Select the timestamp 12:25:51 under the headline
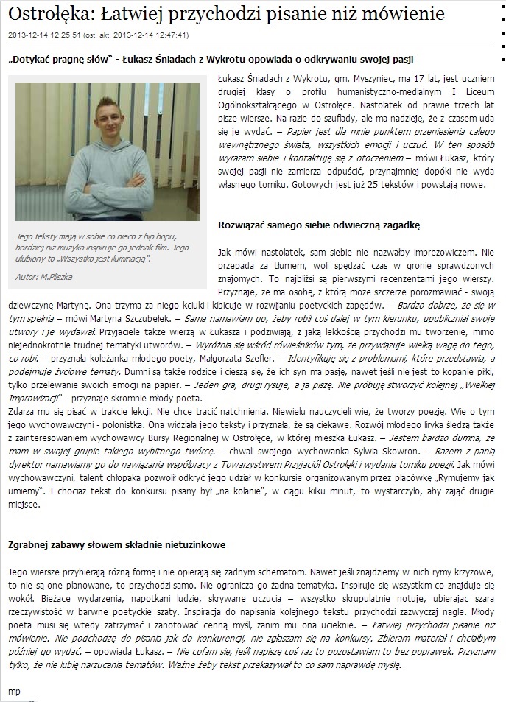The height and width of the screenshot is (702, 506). pyautogui.click(x=71, y=34)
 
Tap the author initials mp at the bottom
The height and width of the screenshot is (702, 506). pyautogui.click(x=13, y=690)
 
